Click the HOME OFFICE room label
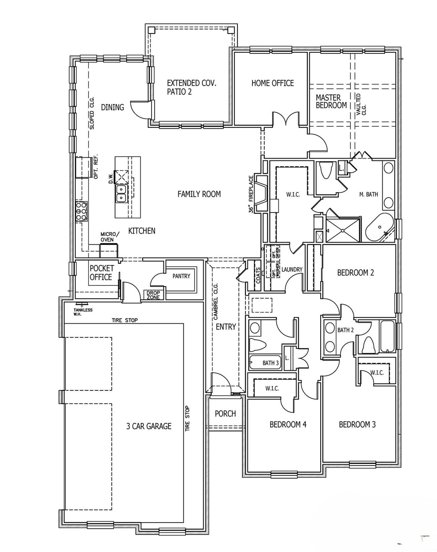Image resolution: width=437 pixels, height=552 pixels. pyautogui.click(x=272, y=83)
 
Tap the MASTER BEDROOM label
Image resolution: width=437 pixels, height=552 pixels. pyautogui.click(x=331, y=102)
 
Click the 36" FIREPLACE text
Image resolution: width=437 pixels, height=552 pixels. pyautogui.click(x=252, y=194)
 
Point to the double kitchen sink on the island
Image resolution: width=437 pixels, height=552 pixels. pyautogui.click(x=121, y=194)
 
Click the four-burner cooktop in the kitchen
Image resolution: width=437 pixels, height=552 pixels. pyautogui.click(x=81, y=211)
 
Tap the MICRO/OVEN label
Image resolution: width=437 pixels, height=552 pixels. pyautogui.click(x=110, y=237)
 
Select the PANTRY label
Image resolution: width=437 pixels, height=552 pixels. pyautogui.click(x=181, y=276)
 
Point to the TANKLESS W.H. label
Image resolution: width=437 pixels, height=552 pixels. pyautogui.click(x=83, y=312)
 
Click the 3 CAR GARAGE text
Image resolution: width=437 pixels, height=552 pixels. pyautogui.click(x=149, y=426)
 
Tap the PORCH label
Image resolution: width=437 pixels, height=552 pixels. pyautogui.click(x=225, y=414)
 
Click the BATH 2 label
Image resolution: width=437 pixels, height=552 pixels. pyautogui.click(x=346, y=330)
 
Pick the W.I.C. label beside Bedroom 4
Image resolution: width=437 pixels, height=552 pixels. pyautogui.click(x=272, y=388)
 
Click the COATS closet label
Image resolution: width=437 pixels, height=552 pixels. pyautogui.click(x=258, y=275)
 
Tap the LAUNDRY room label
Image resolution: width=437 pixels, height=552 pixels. pyautogui.click(x=292, y=269)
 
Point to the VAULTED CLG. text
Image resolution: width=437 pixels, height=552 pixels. pyautogui.click(x=361, y=104)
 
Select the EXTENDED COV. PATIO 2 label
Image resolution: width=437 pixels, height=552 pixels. pyautogui.click(x=191, y=87)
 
